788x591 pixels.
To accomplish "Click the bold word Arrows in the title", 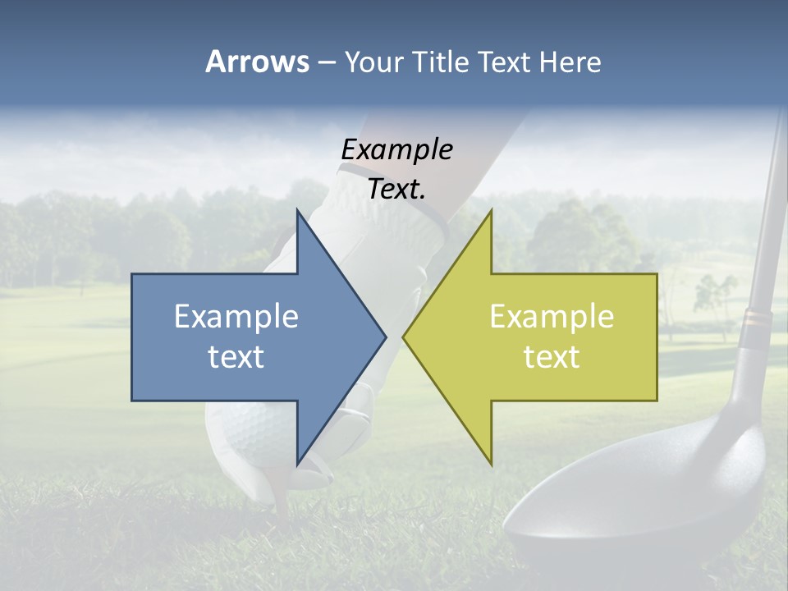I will pyautogui.click(x=257, y=62).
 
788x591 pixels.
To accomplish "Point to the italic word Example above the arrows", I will pyautogui.click(x=396, y=149).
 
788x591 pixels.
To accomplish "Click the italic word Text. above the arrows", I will pyautogui.click(x=396, y=189).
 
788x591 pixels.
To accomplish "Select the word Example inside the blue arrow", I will pyautogui.click(x=236, y=317).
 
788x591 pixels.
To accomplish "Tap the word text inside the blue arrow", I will pyautogui.click(x=236, y=356).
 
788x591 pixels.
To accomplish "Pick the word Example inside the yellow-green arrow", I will pyautogui.click(x=552, y=317).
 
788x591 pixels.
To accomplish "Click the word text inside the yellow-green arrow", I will pyautogui.click(x=552, y=356).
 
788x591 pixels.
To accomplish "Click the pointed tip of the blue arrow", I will pyautogui.click(x=384, y=337).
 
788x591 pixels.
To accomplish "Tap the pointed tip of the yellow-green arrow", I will pyautogui.click(x=405, y=337).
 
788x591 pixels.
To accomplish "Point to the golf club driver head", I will pyautogui.click(x=648, y=501).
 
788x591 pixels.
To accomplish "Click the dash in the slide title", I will pyautogui.click(x=326, y=62).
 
